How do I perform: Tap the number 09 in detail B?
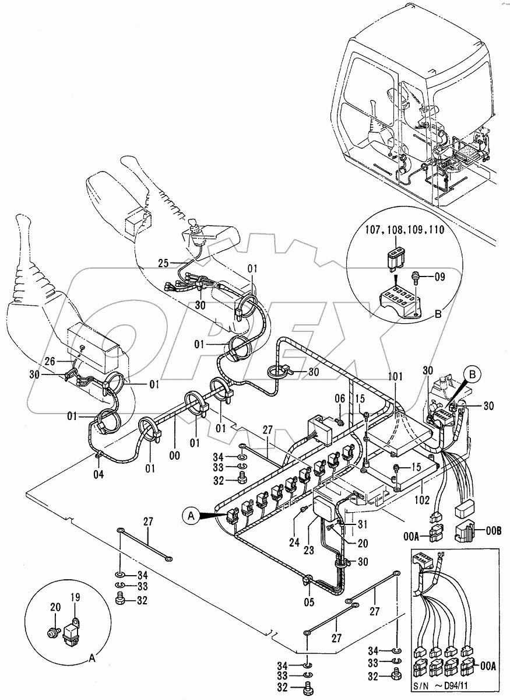click(439, 277)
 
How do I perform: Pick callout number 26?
click(51, 362)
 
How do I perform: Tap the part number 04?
click(100, 475)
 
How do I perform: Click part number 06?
click(341, 398)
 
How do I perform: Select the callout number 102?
click(422, 499)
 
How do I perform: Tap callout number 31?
click(363, 522)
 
